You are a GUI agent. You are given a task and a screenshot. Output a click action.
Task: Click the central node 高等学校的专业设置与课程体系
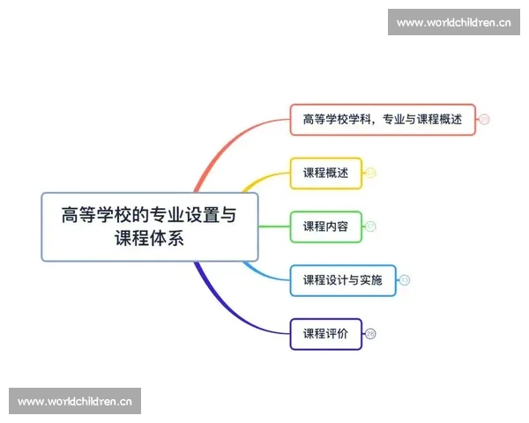[x=150, y=226]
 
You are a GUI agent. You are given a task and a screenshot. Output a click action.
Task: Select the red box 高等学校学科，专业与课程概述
[x=383, y=120]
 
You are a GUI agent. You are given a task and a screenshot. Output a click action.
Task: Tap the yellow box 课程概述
[x=325, y=173]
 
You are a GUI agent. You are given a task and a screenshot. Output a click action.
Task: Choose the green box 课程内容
[x=325, y=226]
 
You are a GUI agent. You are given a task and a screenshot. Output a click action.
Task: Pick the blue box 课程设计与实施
[x=342, y=280]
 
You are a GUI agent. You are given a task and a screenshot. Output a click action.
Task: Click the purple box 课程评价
[x=325, y=333]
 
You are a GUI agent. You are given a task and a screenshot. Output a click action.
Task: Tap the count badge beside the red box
[x=484, y=120]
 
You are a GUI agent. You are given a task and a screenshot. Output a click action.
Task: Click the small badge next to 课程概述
[x=370, y=173]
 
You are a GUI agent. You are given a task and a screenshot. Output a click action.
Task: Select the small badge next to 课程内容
[x=370, y=226]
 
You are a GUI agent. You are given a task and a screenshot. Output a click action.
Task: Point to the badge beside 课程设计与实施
[x=405, y=280]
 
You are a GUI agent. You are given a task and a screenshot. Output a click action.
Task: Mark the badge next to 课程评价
[x=370, y=333]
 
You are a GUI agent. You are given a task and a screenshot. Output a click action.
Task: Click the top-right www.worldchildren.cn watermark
[x=454, y=22]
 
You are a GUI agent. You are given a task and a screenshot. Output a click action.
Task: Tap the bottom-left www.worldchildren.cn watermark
[x=74, y=402]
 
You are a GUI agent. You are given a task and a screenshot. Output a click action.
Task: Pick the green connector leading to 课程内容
[x=274, y=226]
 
